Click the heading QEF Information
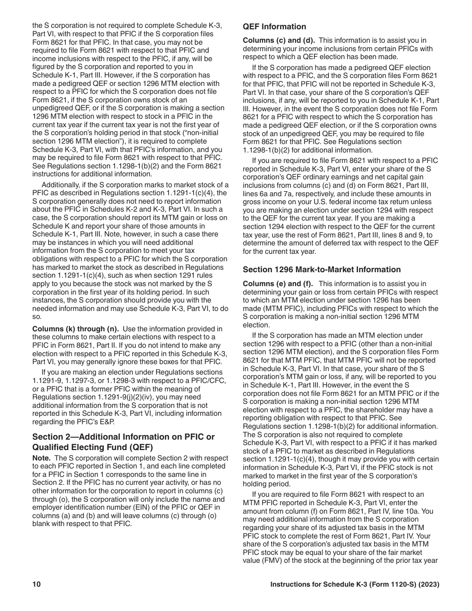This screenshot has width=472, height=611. pos(274,27)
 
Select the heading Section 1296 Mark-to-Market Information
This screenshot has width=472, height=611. pos(321,270)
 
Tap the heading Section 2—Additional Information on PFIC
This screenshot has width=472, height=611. pos(123,437)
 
